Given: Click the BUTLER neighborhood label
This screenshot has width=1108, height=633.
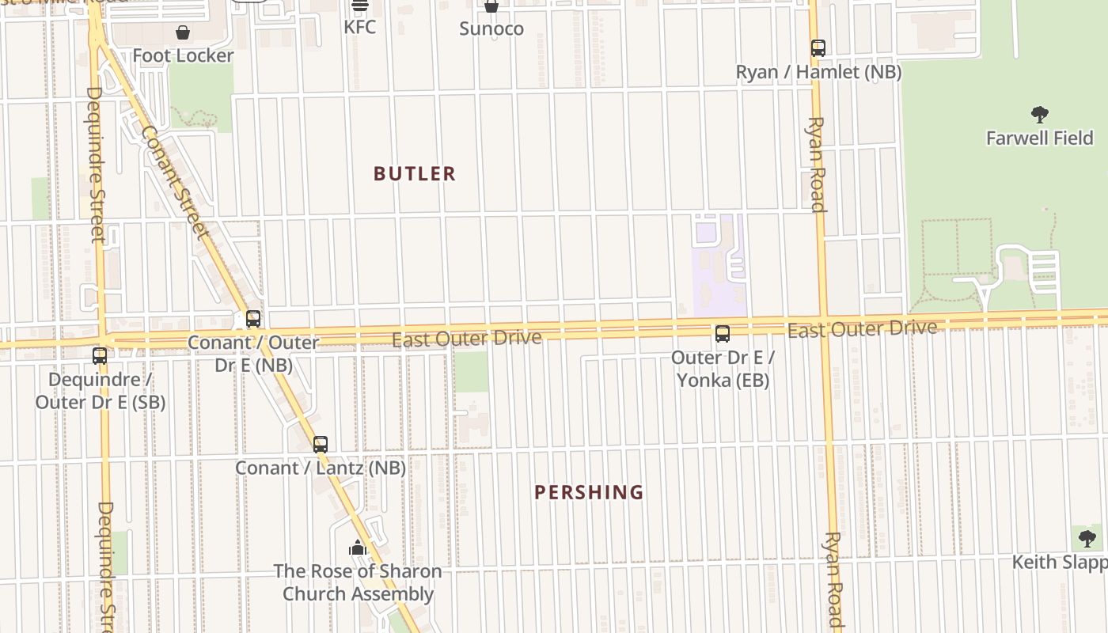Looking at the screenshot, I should point(415,174).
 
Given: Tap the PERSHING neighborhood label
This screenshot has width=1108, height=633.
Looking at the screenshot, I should point(589,493).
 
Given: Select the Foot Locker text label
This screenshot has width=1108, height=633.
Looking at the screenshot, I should point(183,55).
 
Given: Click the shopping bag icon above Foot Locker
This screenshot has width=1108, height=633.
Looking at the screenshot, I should point(183,32).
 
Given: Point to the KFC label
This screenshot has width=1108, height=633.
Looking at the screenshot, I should point(359,27).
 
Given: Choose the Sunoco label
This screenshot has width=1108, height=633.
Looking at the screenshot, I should point(491,29).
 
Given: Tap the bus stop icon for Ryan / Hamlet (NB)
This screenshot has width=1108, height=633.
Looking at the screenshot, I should point(818,48).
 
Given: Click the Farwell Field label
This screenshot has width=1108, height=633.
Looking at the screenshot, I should point(1039,138).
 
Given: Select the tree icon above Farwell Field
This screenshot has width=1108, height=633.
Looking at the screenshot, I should point(1039,115).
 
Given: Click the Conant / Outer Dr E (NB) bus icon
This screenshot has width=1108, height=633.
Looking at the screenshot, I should point(253,319).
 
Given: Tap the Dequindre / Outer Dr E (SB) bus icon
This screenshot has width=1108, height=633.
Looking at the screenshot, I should point(100,356).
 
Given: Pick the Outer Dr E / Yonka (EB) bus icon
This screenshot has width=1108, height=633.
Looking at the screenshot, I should point(723,334).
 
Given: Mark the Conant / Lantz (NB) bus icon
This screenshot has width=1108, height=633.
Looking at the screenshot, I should point(321,445).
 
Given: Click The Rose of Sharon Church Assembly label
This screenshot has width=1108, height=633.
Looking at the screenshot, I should point(358,582).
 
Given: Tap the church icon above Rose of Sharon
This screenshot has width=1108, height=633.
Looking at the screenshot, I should point(358,548).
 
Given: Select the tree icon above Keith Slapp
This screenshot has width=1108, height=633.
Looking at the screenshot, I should point(1087,539).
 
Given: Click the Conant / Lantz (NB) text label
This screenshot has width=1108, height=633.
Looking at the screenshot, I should point(321,468).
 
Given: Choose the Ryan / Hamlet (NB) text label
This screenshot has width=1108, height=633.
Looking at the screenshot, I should point(818,72).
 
